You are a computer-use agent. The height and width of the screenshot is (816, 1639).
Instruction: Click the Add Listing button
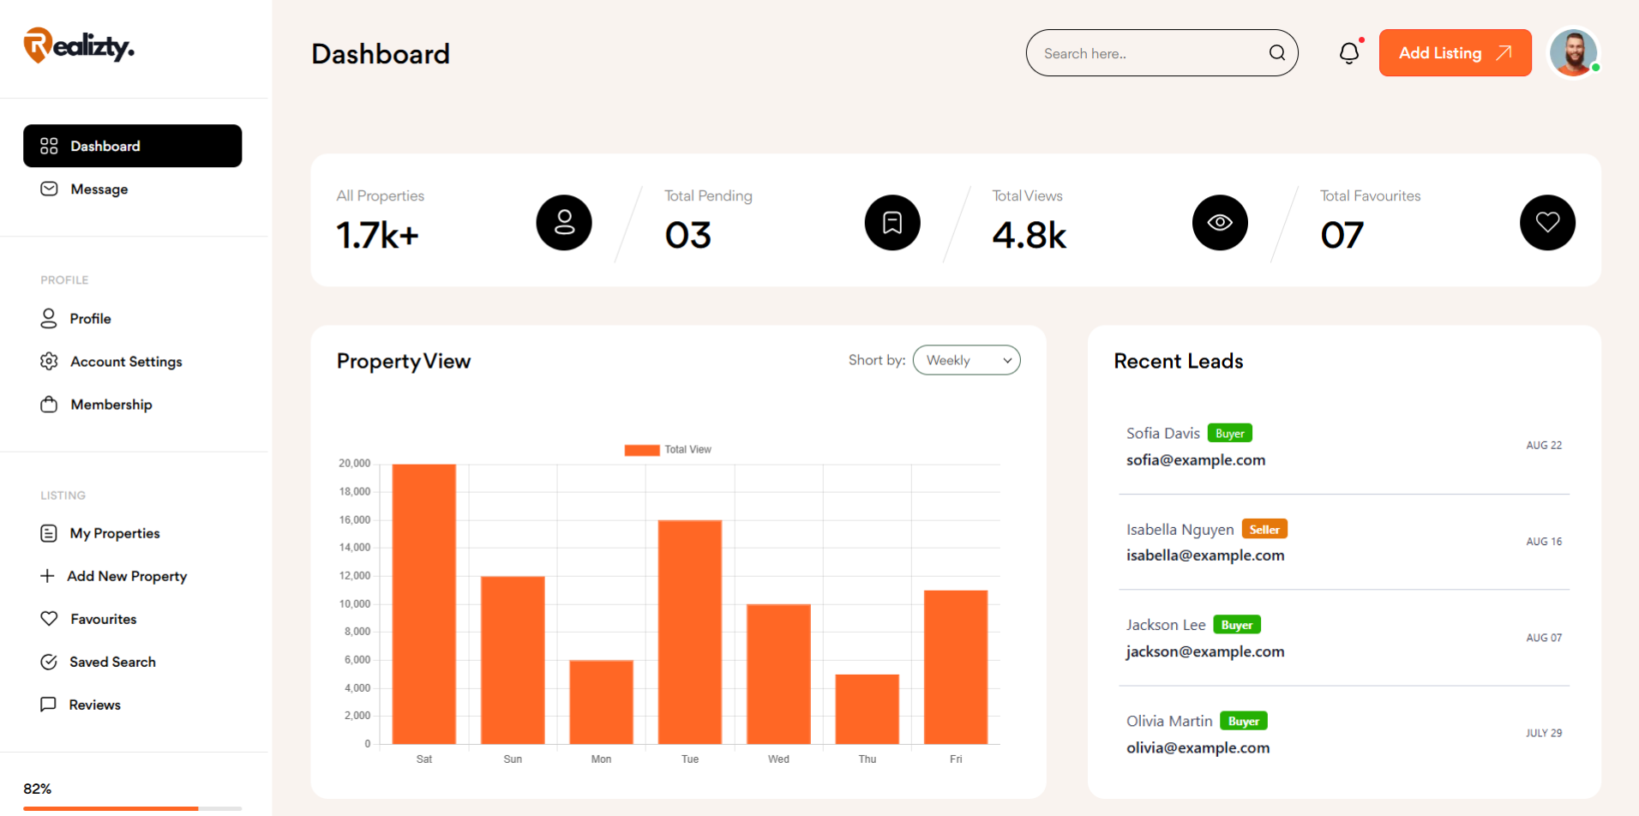(1455, 53)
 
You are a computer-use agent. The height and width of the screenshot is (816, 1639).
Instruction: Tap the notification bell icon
(1348, 53)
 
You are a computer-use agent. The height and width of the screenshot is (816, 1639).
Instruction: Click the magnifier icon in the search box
(1276, 53)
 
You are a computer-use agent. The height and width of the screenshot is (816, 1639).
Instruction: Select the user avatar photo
(1573, 52)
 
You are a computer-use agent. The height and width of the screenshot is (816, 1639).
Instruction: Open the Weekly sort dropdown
(966, 360)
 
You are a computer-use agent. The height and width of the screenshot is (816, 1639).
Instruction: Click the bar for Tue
(690, 632)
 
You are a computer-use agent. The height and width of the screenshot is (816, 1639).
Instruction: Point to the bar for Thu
(867, 709)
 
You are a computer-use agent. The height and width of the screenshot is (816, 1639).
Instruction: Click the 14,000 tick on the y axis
(355, 548)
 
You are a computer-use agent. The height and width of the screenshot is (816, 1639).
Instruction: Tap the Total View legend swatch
(642, 450)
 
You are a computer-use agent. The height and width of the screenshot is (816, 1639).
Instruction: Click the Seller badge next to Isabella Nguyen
(1264, 530)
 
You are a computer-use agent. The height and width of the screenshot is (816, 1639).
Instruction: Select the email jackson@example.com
(1205, 651)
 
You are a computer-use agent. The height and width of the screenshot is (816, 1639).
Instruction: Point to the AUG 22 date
(1544, 446)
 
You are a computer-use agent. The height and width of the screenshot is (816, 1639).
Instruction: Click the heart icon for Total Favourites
(1547, 223)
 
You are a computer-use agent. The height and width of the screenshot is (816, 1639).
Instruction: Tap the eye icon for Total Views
(1220, 223)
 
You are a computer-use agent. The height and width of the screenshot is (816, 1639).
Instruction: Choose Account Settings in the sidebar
(126, 362)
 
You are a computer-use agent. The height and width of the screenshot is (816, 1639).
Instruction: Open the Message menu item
(99, 189)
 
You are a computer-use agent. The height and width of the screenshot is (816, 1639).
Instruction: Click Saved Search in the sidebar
(112, 662)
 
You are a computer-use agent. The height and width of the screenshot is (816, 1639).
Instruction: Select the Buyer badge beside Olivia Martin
(1243, 722)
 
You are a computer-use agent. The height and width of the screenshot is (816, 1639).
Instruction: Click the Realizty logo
(79, 45)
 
